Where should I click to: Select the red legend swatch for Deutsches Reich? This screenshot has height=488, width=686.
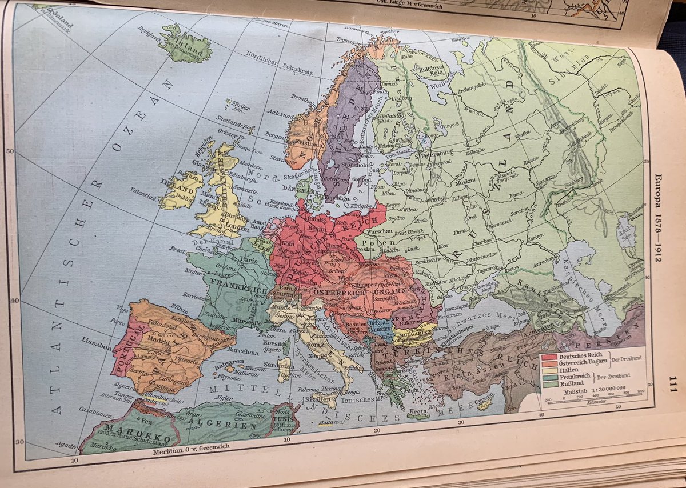[x=549, y=356]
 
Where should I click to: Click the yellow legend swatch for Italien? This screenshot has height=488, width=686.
[x=549, y=370]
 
